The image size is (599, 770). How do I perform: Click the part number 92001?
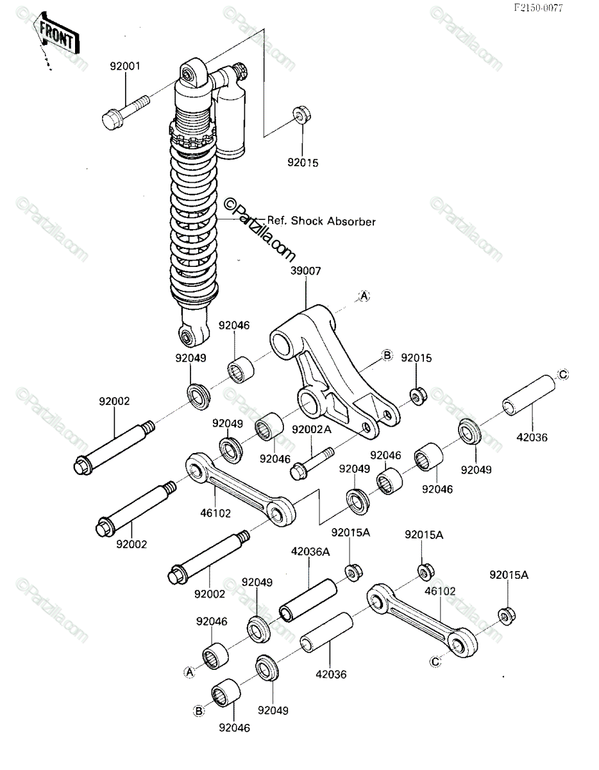pyautogui.click(x=125, y=66)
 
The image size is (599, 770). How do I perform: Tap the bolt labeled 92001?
pyautogui.click(x=125, y=112)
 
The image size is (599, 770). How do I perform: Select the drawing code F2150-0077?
pyautogui.click(x=538, y=8)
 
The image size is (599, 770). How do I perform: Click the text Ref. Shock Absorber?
pyautogui.click(x=321, y=221)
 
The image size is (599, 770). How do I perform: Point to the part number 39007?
pyautogui.click(x=305, y=271)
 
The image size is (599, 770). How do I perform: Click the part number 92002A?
pyautogui.click(x=312, y=429)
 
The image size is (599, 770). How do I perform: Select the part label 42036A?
pyautogui.click(x=310, y=552)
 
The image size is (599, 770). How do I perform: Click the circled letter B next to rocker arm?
pyautogui.click(x=387, y=355)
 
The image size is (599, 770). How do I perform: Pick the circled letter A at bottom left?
pyautogui.click(x=190, y=671)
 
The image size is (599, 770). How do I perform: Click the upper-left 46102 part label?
pyautogui.click(x=215, y=513)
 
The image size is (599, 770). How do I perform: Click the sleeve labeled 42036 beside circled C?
pyautogui.click(x=529, y=395)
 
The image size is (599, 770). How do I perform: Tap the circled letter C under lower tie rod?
pyautogui.click(x=435, y=661)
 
